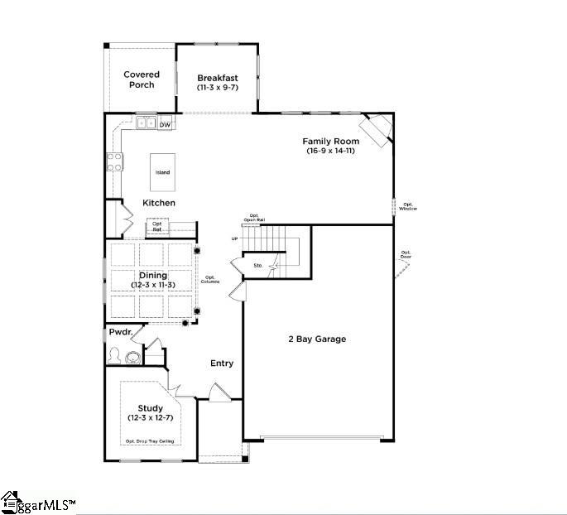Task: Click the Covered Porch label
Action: coord(142,79)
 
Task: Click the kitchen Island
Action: coord(163,172)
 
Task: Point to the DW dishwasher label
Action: coord(165,125)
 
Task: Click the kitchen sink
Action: coord(146,124)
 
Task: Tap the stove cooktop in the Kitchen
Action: coord(113,161)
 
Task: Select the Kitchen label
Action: coord(159,203)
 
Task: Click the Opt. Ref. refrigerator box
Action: coord(157,227)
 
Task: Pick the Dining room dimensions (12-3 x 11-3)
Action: coord(152,285)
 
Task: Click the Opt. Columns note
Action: coord(210,280)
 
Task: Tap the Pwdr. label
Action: coord(121,332)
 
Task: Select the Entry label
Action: coord(222,363)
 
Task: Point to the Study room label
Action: coord(150,408)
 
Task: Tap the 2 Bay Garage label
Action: coord(317,339)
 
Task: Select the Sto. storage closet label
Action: coord(257,266)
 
